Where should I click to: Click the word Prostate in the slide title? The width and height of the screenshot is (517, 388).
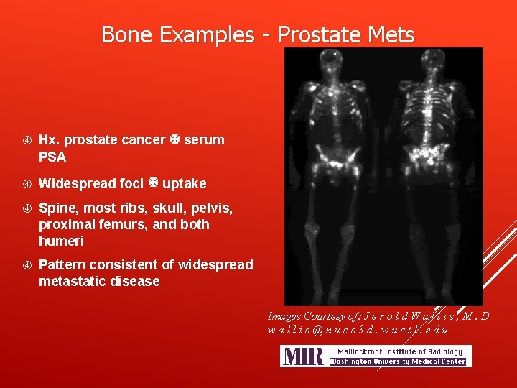pos(317,34)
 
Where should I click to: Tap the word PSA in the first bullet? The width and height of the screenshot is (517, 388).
pos(52,157)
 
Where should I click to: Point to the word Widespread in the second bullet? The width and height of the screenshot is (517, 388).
pos(73,183)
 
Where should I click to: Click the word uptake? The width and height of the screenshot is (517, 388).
pos(185,183)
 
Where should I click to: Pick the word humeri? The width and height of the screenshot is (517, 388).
pos(61,241)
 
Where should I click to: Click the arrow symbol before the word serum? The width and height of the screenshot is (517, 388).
pos(174,139)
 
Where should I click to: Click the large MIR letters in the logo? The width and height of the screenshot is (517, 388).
pos(302,356)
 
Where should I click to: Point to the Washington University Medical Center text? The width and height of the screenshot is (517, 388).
pos(397,361)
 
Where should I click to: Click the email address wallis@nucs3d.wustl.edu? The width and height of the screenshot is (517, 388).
pos(358,330)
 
